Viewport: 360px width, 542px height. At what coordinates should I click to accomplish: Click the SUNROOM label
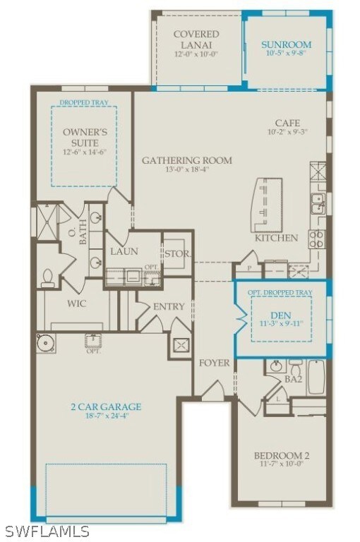click(286, 44)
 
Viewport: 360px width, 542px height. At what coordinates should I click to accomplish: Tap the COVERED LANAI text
click(196, 39)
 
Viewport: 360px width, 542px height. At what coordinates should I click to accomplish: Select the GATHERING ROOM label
click(186, 160)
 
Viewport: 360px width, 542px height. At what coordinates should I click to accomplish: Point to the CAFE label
click(287, 122)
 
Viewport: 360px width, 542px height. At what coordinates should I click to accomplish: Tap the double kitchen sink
click(317, 203)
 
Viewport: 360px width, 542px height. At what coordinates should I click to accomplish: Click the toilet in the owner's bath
click(48, 277)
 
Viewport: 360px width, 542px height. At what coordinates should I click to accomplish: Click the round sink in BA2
click(275, 366)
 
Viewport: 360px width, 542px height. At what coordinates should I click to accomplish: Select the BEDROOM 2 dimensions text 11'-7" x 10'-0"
click(281, 464)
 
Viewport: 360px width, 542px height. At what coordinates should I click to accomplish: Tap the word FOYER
click(214, 363)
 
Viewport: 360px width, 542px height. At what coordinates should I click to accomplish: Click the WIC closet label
click(77, 304)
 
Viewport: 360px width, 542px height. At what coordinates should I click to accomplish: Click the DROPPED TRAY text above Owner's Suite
click(83, 102)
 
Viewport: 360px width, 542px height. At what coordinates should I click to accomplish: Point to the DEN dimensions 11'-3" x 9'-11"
click(281, 325)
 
